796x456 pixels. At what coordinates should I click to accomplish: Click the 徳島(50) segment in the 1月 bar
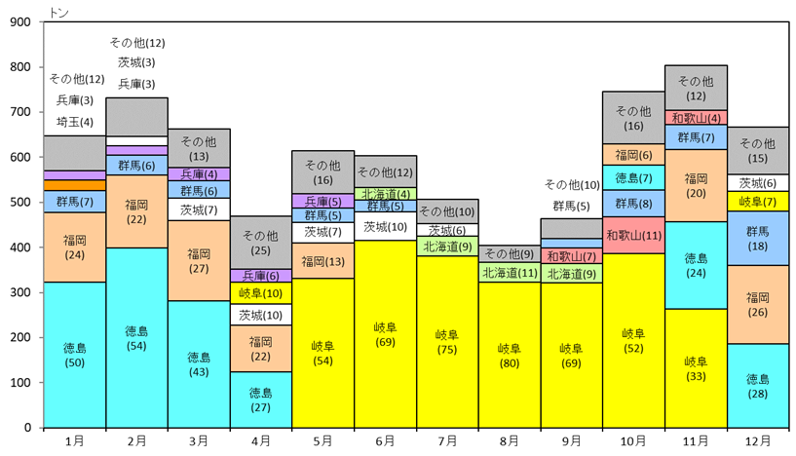(x=75, y=355)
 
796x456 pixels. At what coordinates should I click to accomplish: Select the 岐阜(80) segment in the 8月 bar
(x=510, y=355)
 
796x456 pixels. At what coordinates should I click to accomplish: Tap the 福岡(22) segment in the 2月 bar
(x=136, y=211)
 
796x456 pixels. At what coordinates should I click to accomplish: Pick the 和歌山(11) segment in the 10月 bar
(x=633, y=235)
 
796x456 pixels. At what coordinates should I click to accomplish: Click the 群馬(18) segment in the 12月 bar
(x=757, y=239)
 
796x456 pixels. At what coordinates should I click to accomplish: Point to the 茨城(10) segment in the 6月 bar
(x=385, y=226)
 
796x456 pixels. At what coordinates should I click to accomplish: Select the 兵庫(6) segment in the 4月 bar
(x=261, y=275)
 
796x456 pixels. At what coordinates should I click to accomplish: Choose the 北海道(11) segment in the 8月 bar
(x=510, y=272)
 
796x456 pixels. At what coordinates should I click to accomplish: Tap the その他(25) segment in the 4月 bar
(x=261, y=243)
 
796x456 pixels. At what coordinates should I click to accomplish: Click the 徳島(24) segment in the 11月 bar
(x=696, y=265)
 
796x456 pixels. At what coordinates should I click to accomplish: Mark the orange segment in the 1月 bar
(x=75, y=185)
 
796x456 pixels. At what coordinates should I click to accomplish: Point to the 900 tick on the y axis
(x=20, y=21)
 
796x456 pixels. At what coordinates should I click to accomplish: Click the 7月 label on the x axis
(x=447, y=440)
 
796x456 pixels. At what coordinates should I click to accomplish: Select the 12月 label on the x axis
(x=757, y=440)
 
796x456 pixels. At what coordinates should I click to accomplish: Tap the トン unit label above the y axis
(x=58, y=13)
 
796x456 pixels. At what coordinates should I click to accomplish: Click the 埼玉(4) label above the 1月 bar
(x=75, y=122)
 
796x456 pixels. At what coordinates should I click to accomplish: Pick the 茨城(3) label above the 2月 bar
(x=136, y=62)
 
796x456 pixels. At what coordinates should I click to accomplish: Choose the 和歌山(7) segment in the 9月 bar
(x=572, y=256)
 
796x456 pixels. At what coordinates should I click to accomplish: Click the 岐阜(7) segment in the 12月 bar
(x=757, y=202)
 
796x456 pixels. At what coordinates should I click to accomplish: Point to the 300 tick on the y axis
(x=20, y=292)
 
